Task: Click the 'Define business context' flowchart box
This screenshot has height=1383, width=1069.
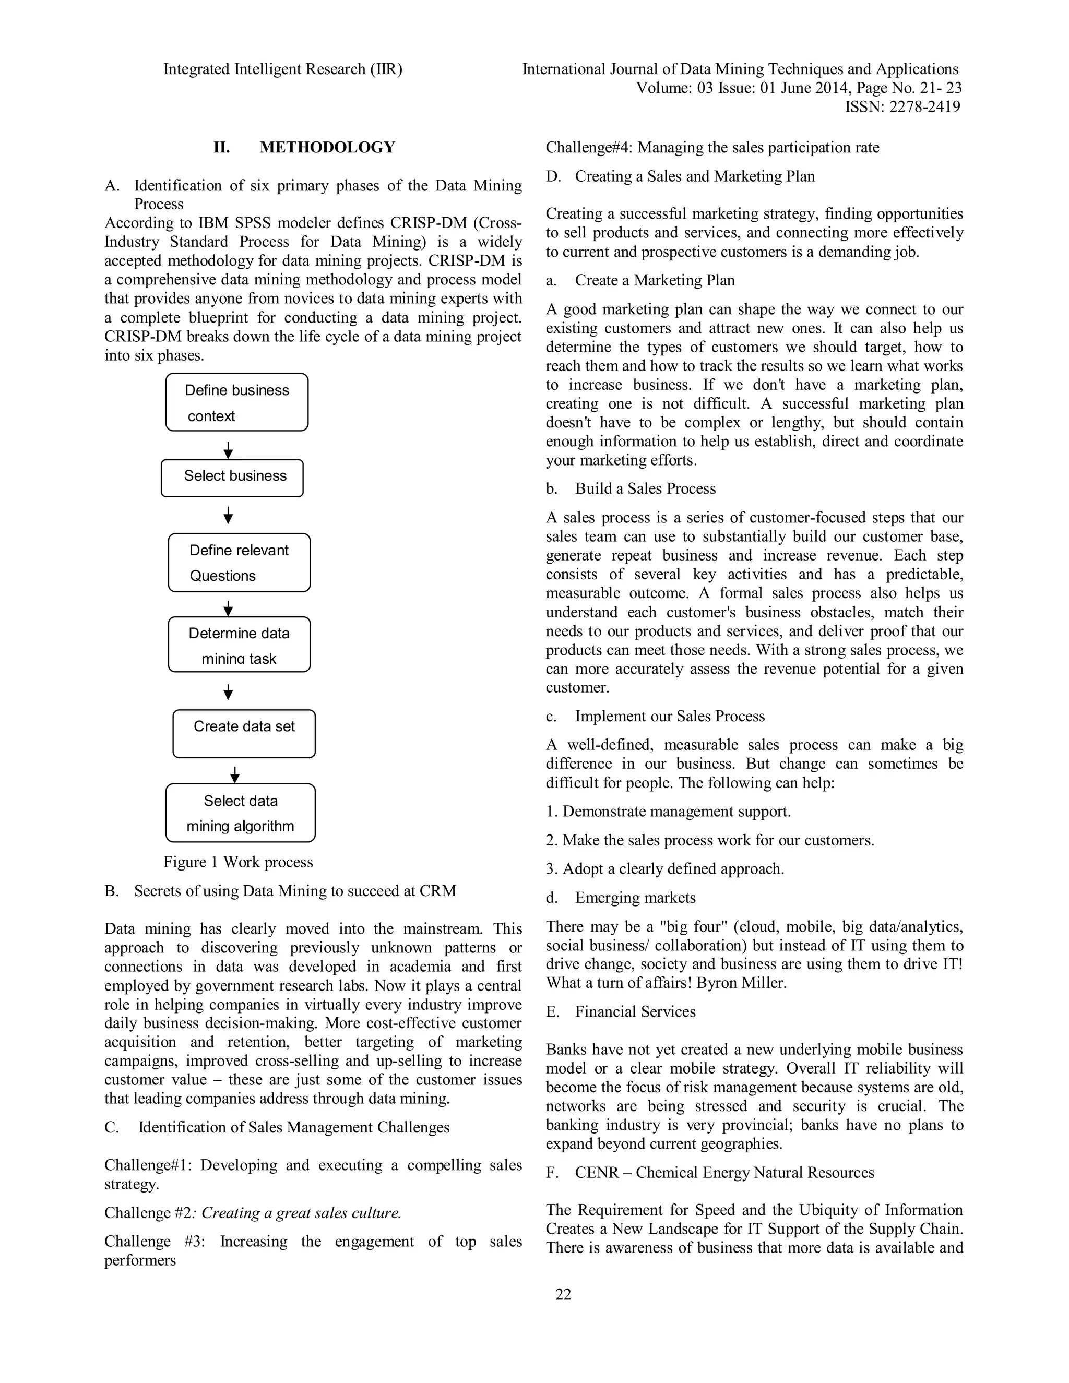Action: coord(237,403)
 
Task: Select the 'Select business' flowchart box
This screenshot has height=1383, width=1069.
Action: coord(232,478)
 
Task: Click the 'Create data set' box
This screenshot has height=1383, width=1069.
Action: coord(244,733)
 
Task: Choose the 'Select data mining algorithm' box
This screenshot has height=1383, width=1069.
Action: coord(240,813)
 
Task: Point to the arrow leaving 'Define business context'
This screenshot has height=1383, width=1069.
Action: coord(229,450)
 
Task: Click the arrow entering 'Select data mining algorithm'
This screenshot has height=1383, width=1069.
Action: coord(235,775)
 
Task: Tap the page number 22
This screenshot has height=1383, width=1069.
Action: coord(563,1294)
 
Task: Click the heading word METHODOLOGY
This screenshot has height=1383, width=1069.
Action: coord(327,148)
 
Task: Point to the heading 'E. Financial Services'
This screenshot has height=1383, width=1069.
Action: coord(621,1012)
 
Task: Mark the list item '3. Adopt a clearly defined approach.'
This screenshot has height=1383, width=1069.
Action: coord(665,869)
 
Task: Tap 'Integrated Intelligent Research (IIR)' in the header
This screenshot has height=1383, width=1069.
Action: coord(283,69)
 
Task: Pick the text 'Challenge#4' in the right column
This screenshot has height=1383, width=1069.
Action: coord(588,148)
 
